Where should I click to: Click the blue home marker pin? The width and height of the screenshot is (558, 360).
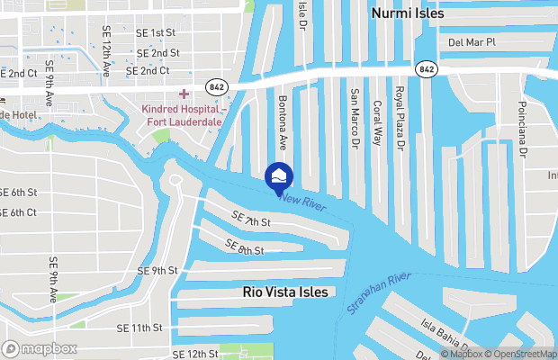tap(279, 175)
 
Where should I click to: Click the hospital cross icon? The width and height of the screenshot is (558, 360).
tap(184, 94)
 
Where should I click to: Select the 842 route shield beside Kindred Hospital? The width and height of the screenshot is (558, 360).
tap(216, 85)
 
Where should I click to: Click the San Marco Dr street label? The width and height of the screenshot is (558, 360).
tap(355, 118)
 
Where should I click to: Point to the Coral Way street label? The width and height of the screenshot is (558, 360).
tap(377, 118)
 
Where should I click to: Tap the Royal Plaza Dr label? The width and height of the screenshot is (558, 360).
tap(400, 118)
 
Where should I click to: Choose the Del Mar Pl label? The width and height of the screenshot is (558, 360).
tap(472, 41)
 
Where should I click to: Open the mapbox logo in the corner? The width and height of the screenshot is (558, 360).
tap(37, 348)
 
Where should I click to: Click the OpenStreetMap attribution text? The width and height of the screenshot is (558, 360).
tap(522, 353)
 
